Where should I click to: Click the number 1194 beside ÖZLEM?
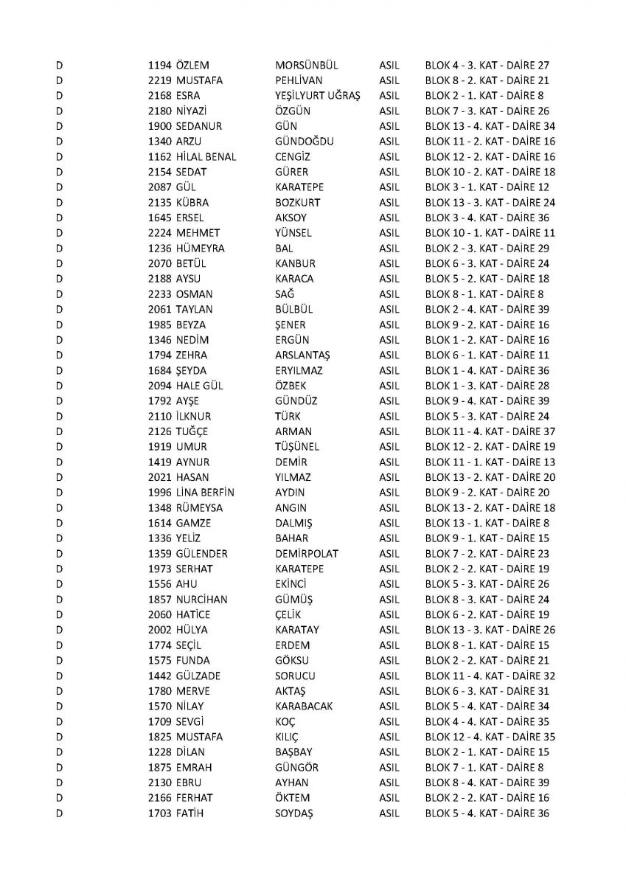tap(159, 65)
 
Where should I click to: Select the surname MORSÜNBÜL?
tap(307, 65)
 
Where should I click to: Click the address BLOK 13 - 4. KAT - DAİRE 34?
tap(490, 126)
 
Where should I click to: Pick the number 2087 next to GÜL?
tap(159, 187)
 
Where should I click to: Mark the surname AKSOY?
tap(290, 218)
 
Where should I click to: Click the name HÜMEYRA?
tap(201, 249)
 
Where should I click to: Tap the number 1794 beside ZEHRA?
tap(159, 355)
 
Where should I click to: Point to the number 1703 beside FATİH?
tap(159, 813)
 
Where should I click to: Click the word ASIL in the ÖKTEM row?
tap(389, 798)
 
